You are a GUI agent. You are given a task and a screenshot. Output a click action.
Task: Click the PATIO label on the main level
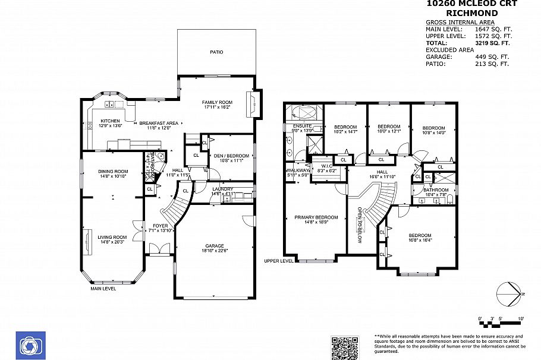pos(216,52)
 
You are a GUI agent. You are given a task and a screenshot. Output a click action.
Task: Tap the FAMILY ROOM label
pos(217,102)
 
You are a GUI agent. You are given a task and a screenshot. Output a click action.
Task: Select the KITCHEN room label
pos(110,121)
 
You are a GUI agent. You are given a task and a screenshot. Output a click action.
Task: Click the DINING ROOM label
pos(113,172)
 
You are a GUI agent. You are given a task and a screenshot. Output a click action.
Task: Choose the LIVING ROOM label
pos(112,237)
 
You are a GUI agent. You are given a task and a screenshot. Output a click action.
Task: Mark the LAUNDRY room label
pos(223,189)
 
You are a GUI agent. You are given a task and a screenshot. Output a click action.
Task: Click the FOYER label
pos(160,226)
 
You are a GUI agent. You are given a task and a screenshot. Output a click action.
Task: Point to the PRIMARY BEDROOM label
pos(316,217)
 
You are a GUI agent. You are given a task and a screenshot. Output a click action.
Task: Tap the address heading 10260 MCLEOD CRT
pos(472,4)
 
